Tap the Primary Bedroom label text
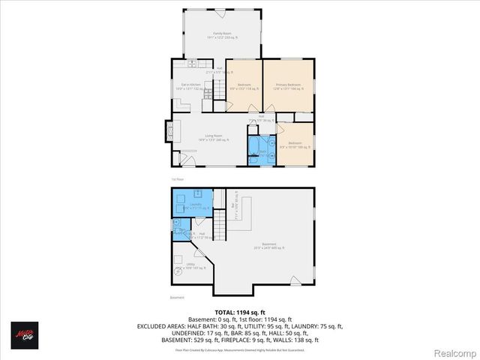(x=288, y=85)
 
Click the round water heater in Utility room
(x=178, y=273)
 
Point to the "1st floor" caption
(x=178, y=179)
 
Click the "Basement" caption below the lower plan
(x=177, y=297)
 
